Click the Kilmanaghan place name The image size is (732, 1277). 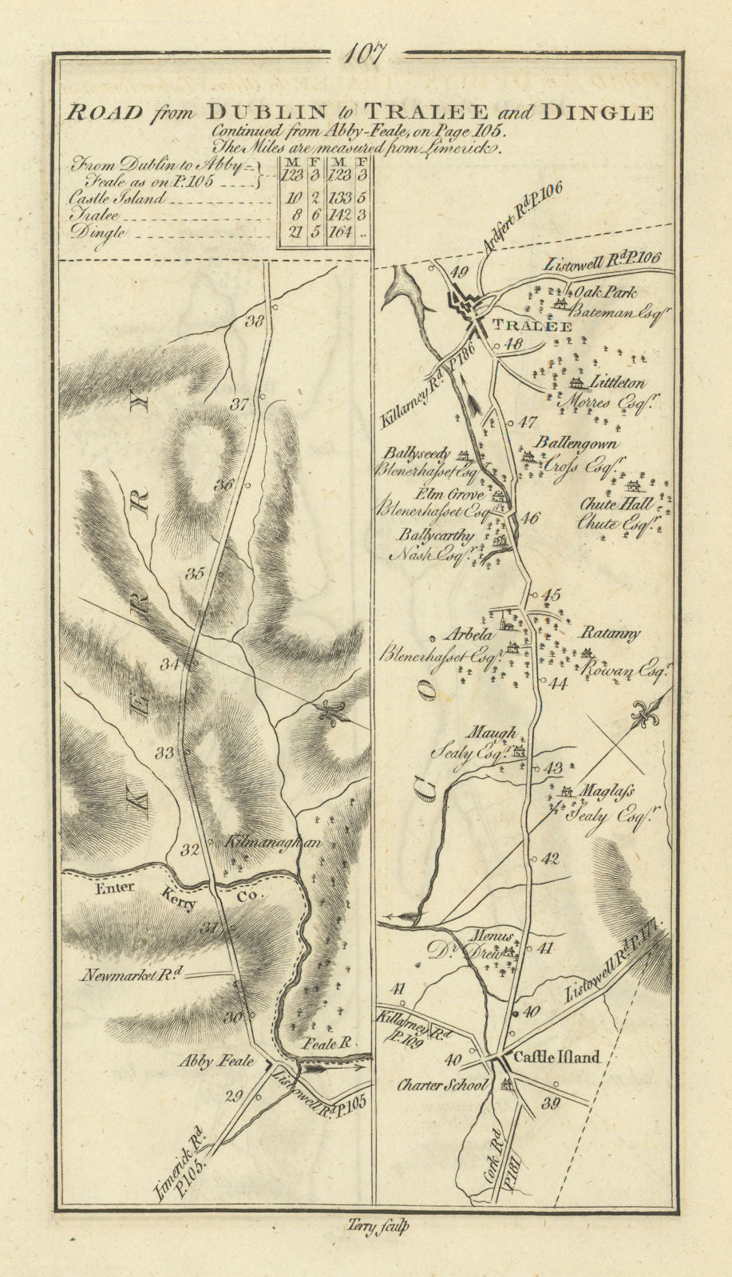click(260, 841)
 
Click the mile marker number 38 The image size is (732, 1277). click(255, 322)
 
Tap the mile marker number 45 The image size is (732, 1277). click(552, 595)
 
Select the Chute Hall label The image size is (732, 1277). click(627, 505)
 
